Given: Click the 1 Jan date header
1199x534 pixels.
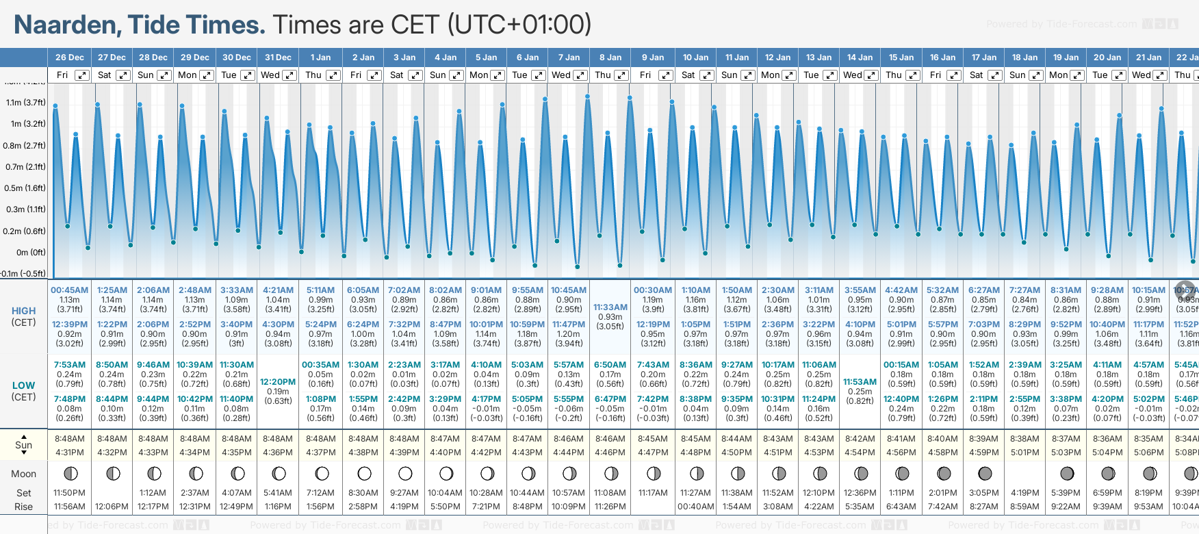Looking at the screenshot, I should [x=320, y=58].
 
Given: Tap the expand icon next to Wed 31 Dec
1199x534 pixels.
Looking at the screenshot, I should [x=289, y=75].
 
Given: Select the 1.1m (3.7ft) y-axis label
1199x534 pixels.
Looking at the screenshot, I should [x=25, y=103].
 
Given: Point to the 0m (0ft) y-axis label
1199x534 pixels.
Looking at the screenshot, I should [x=31, y=253].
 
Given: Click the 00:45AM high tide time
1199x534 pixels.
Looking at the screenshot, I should [x=69, y=290].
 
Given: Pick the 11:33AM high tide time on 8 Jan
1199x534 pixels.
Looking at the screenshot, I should [x=610, y=307].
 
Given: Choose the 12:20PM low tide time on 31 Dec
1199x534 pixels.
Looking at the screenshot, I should [x=278, y=382].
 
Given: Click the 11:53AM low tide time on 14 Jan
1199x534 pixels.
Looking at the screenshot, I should [x=860, y=382].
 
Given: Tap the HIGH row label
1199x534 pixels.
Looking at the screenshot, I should [x=23, y=311].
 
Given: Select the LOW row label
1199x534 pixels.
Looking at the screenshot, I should [x=23, y=385].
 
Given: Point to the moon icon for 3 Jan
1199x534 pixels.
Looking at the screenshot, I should [x=405, y=474].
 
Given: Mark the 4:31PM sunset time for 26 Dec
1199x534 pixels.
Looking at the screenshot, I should [x=70, y=453].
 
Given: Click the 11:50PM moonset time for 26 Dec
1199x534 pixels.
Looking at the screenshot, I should [x=70, y=493].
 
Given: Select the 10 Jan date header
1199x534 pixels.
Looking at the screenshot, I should [x=695, y=58].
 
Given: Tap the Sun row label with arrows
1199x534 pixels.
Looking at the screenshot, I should [x=23, y=445].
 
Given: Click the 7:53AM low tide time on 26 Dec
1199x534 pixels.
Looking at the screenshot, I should [x=70, y=365].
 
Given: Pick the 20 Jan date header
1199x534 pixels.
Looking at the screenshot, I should [x=1107, y=58].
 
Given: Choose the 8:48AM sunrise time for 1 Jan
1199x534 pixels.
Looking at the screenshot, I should [x=320, y=439].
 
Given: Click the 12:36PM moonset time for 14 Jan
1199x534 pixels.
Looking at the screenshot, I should [x=860, y=493].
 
